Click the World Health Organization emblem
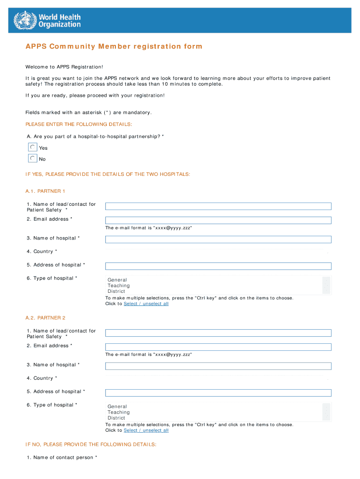[x=24, y=20]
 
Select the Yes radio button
[x=33, y=147]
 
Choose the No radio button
[x=33, y=159]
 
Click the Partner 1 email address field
[x=218, y=220]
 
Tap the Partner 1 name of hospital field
[x=218, y=239]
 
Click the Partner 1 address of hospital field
[x=218, y=266]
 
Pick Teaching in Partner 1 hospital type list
[x=119, y=286]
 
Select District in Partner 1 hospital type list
[x=116, y=291]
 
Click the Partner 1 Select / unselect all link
[x=146, y=304]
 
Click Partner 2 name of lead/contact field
[x=218, y=333]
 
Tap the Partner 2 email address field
[x=218, y=347]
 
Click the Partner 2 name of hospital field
[x=218, y=366]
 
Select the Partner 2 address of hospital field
[x=218, y=393]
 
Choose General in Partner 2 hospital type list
[x=117, y=407]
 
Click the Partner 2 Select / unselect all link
[x=146, y=431]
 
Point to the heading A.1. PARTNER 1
[x=45, y=191]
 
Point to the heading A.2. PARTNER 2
[x=45, y=318]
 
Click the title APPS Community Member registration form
[x=114, y=46]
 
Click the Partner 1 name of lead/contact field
[x=218, y=206]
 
